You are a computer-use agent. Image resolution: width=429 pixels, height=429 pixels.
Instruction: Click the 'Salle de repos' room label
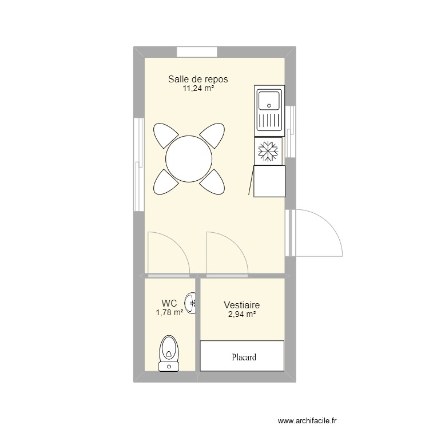pos(201,79)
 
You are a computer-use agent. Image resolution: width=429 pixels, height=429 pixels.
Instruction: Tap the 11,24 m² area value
pos(198,89)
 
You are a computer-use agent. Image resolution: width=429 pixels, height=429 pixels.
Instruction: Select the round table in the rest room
pos(188,158)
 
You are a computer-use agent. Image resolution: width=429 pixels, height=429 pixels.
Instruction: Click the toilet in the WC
pos(169,352)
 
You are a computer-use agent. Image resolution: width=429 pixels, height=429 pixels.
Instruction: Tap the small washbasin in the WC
pos(192,303)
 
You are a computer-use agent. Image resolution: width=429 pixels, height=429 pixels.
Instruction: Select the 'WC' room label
pos(169,303)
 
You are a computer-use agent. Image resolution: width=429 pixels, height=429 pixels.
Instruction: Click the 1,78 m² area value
pos(169,312)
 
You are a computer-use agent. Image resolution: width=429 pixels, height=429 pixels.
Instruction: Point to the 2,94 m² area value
pos(242,314)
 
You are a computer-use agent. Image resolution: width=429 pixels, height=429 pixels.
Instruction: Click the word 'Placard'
pos(244,357)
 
